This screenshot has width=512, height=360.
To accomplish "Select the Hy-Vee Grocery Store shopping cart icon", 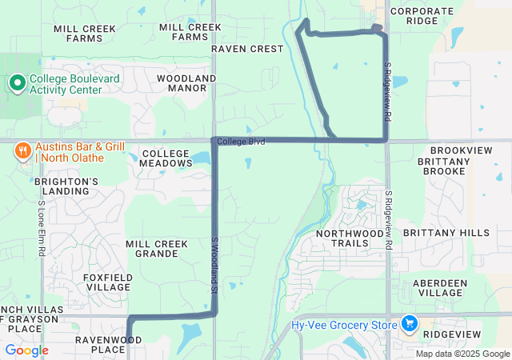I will (x=409, y=323).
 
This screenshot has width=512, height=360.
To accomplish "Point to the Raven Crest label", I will (x=247, y=49).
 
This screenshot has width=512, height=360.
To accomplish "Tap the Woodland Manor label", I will (x=186, y=82).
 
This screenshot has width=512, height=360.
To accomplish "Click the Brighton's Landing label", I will (x=66, y=186).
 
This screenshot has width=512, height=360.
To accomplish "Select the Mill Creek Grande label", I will (x=157, y=249).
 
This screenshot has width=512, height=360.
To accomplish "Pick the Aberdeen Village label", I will (x=446, y=288).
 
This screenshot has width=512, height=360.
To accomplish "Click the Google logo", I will (x=26, y=350).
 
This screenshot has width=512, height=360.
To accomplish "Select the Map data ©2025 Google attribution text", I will (x=462, y=354).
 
